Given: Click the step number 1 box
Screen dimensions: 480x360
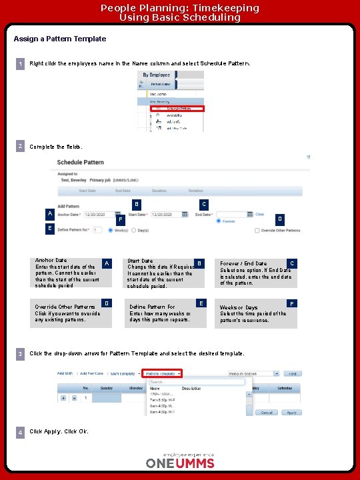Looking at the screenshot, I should pos(21,64).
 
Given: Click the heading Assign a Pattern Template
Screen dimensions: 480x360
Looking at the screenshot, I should pos(60,39).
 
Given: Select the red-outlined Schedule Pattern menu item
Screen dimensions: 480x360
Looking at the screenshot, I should pos(177,108).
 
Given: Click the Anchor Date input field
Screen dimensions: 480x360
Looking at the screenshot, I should pos(98,215).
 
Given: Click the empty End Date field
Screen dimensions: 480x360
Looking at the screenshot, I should pos(230,215).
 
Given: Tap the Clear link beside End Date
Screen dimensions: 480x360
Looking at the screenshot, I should pos(260,215).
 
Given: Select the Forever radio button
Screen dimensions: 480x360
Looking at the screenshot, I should pos(219,222).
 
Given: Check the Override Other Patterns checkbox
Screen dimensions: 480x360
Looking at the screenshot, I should pos(257,231).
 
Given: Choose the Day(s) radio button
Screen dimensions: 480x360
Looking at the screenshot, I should pos(133,231).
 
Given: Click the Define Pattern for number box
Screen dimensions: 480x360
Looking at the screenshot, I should pos(97,231).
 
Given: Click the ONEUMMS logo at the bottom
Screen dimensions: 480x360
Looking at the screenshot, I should pos(180,462).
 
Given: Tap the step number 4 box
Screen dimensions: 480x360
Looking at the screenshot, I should pos(21,433).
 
